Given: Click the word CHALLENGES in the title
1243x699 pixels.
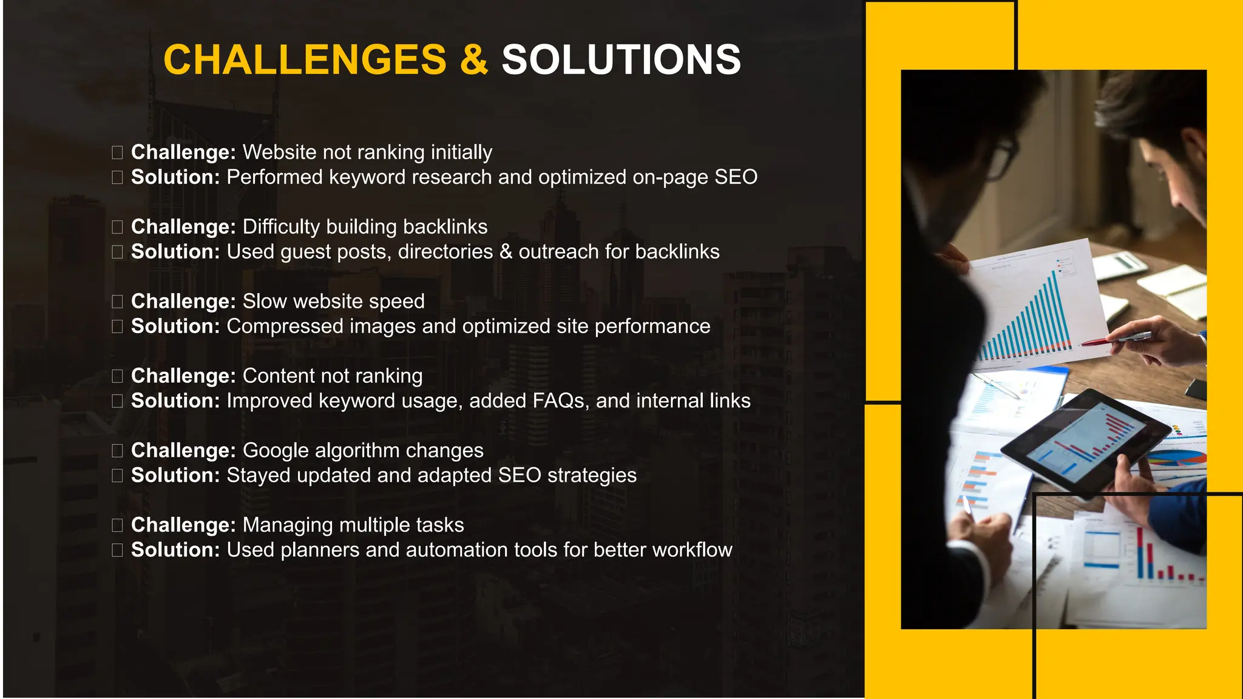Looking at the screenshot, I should (x=305, y=59).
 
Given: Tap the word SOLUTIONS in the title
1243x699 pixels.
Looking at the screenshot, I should (x=621, y=59).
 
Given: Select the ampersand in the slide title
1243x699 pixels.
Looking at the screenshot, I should (x=474, y=59).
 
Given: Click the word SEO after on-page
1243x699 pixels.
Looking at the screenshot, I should (x=736, y=177).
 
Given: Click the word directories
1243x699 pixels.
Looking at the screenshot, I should (x=445, y=252).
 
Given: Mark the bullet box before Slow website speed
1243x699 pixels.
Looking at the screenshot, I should (x=117, y=302).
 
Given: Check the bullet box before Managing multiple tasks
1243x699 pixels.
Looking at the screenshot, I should (x=117, y=525).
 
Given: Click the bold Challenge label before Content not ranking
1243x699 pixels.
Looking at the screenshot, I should (x=183, y=376).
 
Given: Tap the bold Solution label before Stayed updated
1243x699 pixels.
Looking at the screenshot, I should (x=175, y=476).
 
